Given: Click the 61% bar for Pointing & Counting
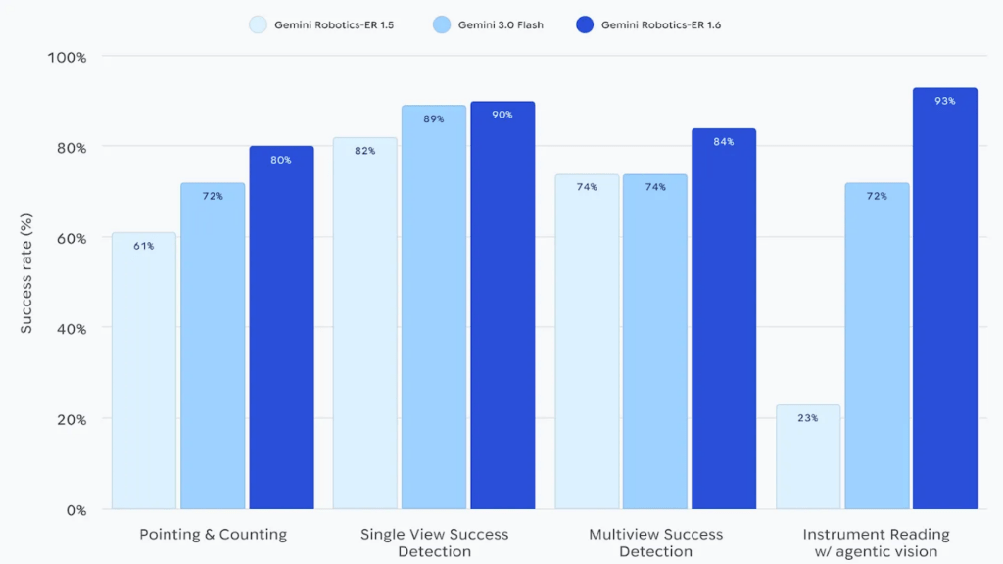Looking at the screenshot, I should (144, 371).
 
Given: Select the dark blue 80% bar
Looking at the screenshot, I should (281, 328).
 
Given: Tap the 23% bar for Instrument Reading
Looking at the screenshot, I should (808, 457).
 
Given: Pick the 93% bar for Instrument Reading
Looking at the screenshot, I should (945, 299).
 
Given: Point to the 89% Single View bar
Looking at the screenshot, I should (434, 307).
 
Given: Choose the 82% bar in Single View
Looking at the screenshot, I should (365, 323).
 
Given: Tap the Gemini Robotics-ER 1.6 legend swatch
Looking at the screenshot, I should (586, 23).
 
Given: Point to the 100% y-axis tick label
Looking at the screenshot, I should (68, 57).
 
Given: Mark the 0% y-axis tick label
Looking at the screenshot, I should (76, 509).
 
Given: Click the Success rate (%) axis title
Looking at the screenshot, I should (26, 283).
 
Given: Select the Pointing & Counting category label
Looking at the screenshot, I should (213, 535).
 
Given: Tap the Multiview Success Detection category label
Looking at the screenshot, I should (655, 542).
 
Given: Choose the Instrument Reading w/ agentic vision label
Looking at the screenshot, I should (876, 542).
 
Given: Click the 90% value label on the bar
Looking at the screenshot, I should (502, 115).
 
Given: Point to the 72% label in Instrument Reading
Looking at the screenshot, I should (877, 196).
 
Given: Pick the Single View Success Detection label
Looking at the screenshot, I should (434, 542).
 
